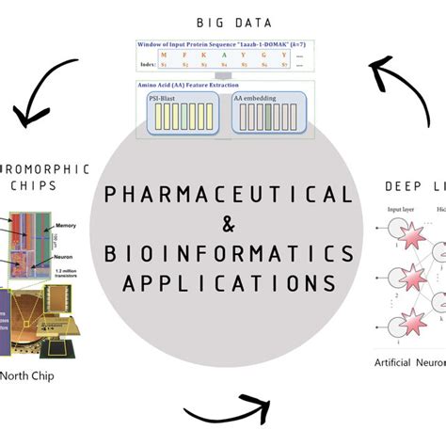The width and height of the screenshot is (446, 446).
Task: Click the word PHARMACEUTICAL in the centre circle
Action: (x=228, y=195)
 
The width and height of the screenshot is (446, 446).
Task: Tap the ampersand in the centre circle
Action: (x=229, y=224)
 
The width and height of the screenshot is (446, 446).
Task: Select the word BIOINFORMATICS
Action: (x=229, y=253)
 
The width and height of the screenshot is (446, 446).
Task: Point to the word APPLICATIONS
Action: (x=229, y=282)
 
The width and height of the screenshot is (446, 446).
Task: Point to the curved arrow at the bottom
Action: (x=226, y=414)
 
